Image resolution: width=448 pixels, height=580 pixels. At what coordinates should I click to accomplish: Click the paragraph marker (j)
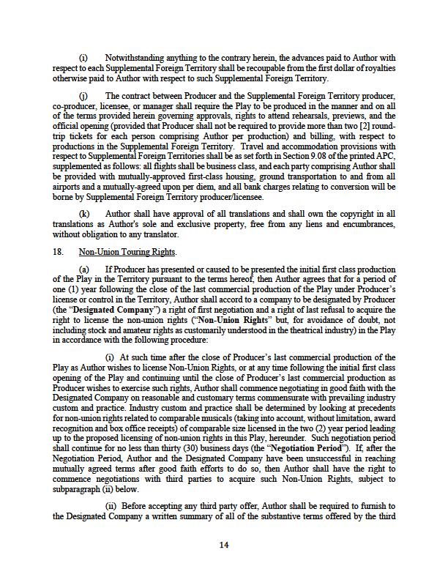[83, 96]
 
